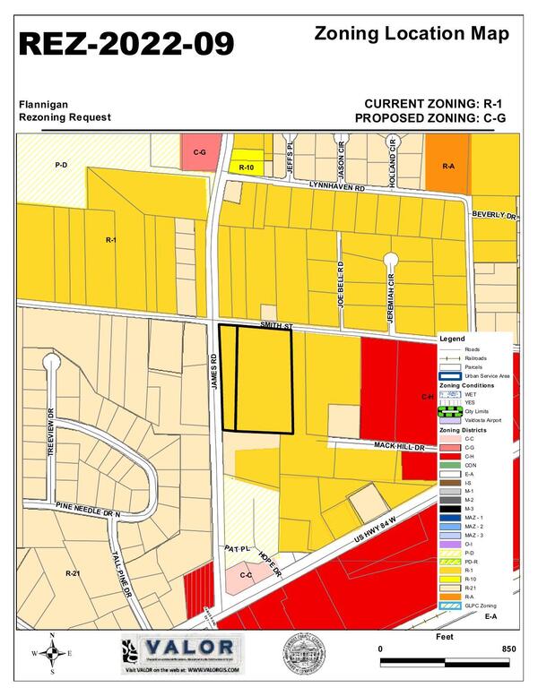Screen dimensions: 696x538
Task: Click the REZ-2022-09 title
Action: coord(127,43)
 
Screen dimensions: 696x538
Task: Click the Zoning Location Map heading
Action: coord(413,34)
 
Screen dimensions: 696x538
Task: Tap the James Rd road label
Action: coord(214,370)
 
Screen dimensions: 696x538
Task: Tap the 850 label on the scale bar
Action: coord(509,648)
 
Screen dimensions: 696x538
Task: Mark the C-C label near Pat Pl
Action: coord(246,573)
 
